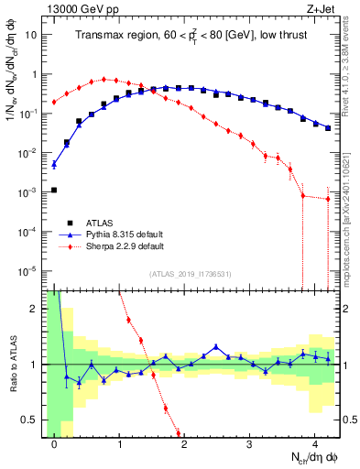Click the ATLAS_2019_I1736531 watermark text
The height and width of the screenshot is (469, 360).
190,274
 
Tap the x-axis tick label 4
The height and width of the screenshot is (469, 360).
314,442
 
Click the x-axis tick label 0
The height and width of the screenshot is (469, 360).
55,442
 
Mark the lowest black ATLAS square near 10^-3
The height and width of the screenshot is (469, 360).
54,190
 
